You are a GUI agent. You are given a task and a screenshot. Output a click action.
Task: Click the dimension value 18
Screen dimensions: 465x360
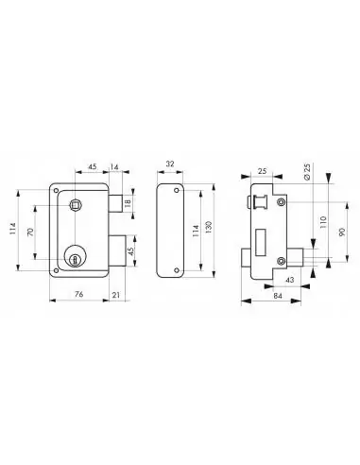[129, 201]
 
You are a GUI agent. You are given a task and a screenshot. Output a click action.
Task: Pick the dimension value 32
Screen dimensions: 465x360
[168, 162]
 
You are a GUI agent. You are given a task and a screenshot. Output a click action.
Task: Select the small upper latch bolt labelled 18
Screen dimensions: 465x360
[113, 201]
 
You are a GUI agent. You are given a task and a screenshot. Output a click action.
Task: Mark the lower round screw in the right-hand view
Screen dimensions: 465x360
[282, 260]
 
